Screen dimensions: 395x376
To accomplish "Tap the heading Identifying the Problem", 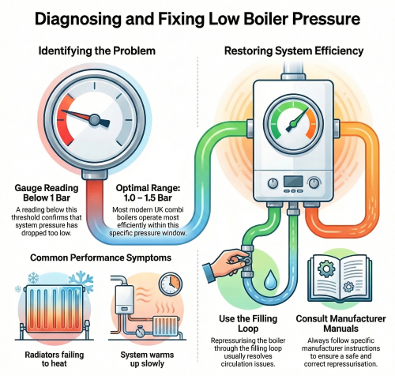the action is pyautogui.click(x=97, y=51).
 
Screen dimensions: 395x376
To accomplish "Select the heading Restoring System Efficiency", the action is pyautogui.click(x=294, y=51).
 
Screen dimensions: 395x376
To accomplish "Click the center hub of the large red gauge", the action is pyautogui.click(x=94, y=120).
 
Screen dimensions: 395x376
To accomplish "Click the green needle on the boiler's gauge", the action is pyautogui.click(x=297, y=120).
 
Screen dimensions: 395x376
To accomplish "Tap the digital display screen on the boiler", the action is pyautogui.click(x=293, y=181).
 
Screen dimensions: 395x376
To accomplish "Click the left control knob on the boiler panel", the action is pyautogui.click(x=273, y=182).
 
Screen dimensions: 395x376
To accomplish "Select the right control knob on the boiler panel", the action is pyautogui.click(x=314, y=182).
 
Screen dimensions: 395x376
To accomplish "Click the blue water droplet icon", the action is pyautogui.click(x=269, y=279).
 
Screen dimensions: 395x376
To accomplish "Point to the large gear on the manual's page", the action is pyautogui.click(x=326, y=269).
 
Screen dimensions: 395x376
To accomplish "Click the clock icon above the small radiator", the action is pyautogui.click(x=171, y=284).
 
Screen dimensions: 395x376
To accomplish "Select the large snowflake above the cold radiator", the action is pyautogui.click(x=81, y=281).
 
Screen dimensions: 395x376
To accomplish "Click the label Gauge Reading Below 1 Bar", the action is pyautogui.click(x=47, y=193).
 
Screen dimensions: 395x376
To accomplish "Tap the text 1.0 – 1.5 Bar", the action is pyautogui.click(x=148, y=197).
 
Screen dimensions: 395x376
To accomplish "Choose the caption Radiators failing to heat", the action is pyautogui.click(x=55, y=359).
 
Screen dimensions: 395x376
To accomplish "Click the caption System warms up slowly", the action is pyautogui.click(x=147, y=359).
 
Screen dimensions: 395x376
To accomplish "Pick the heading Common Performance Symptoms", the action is pyautogui.click(x=101, y=258).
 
